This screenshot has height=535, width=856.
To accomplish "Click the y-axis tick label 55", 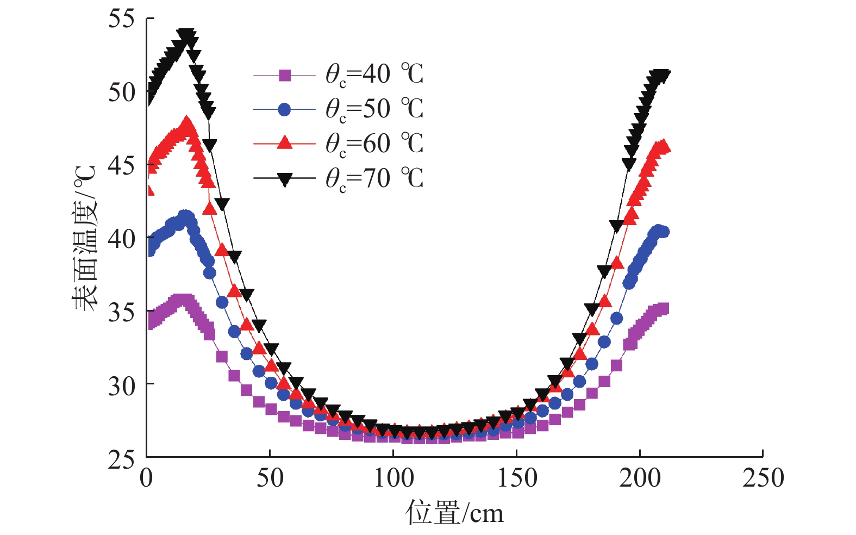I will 121,19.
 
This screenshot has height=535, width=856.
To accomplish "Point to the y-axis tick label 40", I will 121,238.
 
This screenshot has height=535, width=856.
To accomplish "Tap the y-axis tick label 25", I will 121,460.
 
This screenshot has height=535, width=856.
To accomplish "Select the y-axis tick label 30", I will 121,386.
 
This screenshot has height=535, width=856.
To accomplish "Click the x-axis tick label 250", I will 763,478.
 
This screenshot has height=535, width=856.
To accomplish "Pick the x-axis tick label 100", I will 393,478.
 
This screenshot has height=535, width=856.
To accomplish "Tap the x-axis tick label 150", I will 517,478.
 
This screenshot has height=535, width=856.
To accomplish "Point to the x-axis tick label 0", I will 146,478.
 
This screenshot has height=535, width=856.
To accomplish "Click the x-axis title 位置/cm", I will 454,513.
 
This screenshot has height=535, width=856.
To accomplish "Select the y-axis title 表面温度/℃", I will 85,238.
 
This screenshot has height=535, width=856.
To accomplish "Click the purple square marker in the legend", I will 285,75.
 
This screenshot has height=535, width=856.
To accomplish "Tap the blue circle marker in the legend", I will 285,109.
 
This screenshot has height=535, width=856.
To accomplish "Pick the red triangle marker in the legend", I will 285,143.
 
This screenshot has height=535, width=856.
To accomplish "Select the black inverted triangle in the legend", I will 285,179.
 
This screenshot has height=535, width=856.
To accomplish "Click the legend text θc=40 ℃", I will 374,74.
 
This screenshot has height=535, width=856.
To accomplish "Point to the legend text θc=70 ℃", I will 374,179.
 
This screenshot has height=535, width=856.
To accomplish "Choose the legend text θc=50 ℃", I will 374,109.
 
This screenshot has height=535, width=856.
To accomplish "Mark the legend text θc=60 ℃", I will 374,144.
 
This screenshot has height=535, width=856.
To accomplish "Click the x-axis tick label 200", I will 640,478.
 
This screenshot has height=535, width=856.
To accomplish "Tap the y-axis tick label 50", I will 121,92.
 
